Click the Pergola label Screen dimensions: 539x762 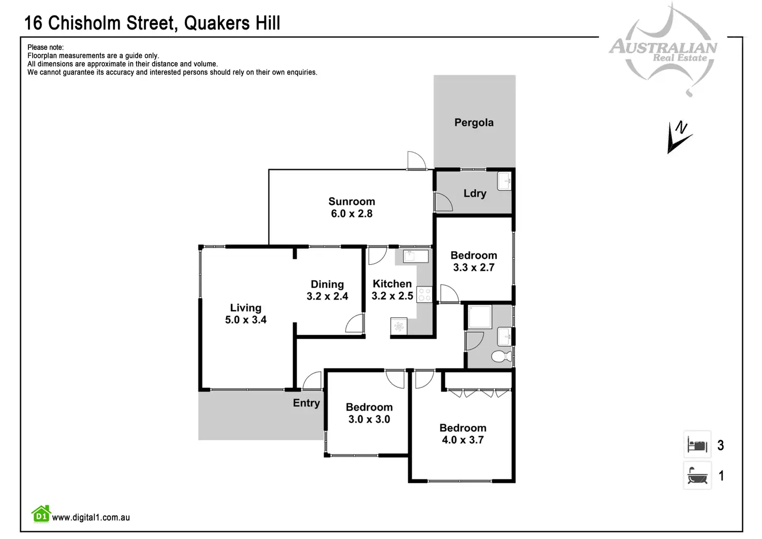coord(474,123)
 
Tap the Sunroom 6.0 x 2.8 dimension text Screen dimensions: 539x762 coord(351,214)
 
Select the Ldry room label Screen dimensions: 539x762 coord(475,194)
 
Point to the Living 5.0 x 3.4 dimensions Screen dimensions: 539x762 coord(245,320)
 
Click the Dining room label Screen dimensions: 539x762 coord(327,284)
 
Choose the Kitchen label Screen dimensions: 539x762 coord(392,284)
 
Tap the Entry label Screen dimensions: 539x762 coord(306,403)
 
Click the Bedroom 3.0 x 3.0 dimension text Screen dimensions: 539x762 coord(369,419)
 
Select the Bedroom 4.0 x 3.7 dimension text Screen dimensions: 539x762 coord(463,440)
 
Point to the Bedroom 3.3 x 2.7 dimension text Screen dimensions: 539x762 coord(474,268)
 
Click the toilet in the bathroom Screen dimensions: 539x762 coord(501,357)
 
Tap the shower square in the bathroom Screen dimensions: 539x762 coord(480,317)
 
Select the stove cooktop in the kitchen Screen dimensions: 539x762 coord(424,295)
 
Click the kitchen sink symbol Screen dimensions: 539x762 coord(415,256)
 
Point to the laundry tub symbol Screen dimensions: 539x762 coord(504,181)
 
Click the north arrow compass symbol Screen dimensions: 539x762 coord(679,137)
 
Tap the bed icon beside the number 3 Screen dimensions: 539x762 coord(697,445)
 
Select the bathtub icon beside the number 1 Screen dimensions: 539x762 coord(697,475)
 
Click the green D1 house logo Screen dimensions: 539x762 coord(41,514)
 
